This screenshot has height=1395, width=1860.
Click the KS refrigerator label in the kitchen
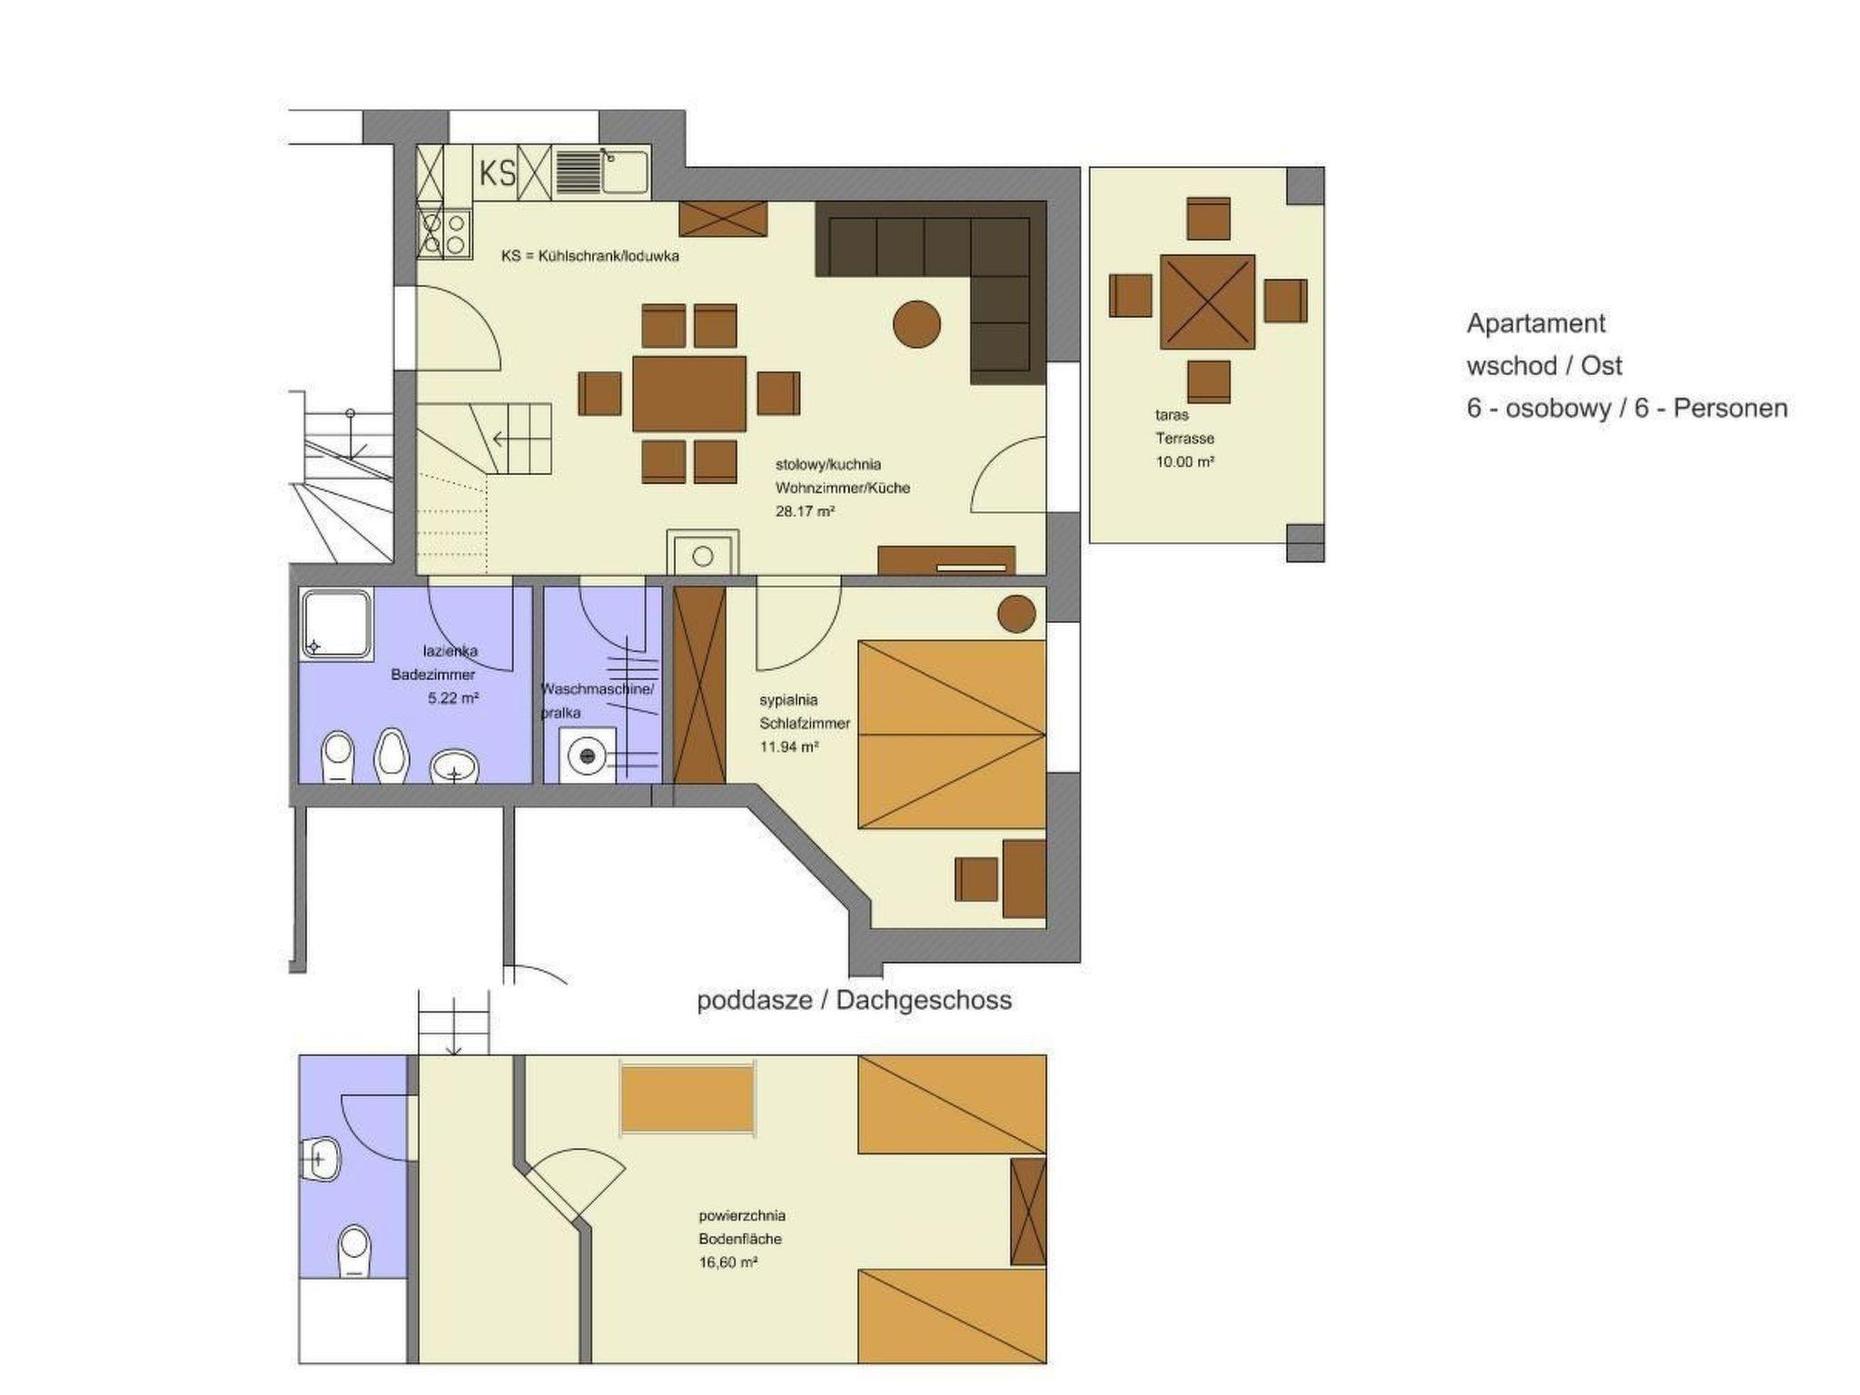click(497, 173)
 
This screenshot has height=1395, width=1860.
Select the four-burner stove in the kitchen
click(444, 233)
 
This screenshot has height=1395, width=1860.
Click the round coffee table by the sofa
click(916, 323)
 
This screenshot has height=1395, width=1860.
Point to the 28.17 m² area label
click(805, 511)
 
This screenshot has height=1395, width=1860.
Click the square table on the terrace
click(1207, 302)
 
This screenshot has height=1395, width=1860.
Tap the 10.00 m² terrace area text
click(1185, 461)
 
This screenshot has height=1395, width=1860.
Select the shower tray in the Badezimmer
click(336, 624)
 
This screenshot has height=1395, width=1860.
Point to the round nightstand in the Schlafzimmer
click(1016, 614)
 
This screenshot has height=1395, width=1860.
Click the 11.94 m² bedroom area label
click(789, 747)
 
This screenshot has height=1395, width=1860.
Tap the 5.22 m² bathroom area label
click(453, 698)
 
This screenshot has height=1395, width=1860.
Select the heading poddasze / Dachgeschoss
click(855, 1001)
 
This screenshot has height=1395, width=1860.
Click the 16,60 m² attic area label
click(728, 1262)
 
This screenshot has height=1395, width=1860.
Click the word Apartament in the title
click(1536, 324)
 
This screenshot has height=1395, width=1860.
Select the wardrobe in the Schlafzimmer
click(699, 685)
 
